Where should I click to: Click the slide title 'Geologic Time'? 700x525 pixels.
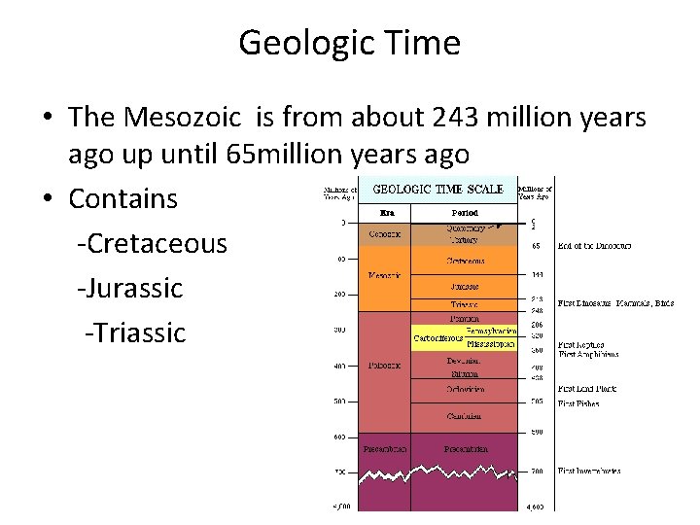click(349, 43)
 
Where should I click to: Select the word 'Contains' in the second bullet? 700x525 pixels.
click(122, 198)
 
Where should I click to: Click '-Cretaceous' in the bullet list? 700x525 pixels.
click(152, 243)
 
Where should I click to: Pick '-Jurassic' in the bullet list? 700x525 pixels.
click(129, 288)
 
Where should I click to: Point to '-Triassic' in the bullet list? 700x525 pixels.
click(135, 332)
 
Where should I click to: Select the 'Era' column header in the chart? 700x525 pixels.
click(384, 212)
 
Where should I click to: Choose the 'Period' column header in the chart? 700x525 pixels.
click(464, 212)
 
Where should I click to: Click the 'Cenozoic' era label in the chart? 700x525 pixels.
click(385, 234)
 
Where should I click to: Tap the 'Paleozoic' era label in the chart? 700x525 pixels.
click(385, 366)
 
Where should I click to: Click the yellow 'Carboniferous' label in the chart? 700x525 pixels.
click(438, 338)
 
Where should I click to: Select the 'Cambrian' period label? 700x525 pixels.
click(464, 416)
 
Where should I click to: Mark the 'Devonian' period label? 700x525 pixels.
click(464, 361)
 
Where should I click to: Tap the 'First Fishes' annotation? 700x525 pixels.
click(579, 402)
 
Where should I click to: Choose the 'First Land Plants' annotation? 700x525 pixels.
click(587, 389)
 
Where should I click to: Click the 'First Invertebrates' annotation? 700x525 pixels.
click(590, 472)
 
